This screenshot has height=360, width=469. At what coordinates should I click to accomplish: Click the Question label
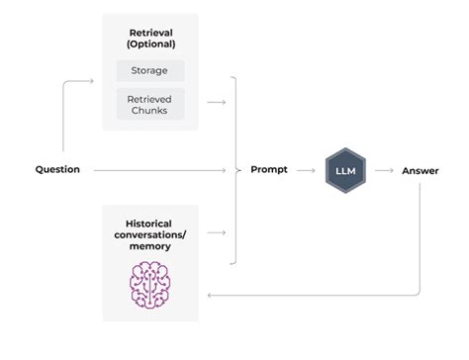[57, 170]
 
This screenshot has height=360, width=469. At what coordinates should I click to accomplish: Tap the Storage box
[150, 71]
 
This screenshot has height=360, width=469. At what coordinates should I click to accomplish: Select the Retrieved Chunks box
[150, 104]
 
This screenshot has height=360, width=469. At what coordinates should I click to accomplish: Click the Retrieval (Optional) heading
[150, 37]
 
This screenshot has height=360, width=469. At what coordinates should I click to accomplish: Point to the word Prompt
[269, 170]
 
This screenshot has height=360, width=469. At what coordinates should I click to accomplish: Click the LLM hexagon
[346, 170]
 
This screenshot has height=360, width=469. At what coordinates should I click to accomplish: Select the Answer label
[421, 170]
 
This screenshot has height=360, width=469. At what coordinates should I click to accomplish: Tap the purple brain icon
[150, 283]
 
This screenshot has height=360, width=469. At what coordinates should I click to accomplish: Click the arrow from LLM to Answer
[384, 170]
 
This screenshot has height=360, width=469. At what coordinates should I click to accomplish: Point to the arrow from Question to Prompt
[158, 170]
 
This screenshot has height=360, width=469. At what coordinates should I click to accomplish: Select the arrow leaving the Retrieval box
[217, 102]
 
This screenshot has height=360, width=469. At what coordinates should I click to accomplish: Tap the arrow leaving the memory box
[217, 232]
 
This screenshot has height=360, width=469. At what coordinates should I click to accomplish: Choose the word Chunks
[150, 110]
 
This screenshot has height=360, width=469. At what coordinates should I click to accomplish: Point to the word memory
[150, 246]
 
